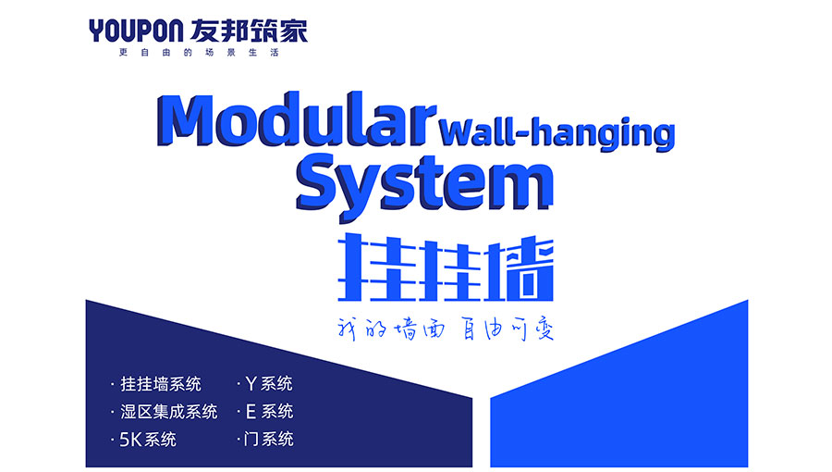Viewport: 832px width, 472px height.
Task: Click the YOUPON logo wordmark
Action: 136,31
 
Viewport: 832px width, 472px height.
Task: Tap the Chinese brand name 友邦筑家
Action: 249,31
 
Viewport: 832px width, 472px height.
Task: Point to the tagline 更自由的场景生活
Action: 199,53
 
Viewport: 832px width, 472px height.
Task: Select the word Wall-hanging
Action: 557,132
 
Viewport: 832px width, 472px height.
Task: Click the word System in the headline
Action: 424,183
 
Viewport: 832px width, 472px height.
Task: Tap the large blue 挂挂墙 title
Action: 446,267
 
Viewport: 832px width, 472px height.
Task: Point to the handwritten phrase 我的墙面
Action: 391,329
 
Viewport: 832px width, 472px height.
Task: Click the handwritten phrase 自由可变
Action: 508,329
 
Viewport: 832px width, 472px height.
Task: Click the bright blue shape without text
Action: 619,398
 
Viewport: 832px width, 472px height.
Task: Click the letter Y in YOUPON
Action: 96,31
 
